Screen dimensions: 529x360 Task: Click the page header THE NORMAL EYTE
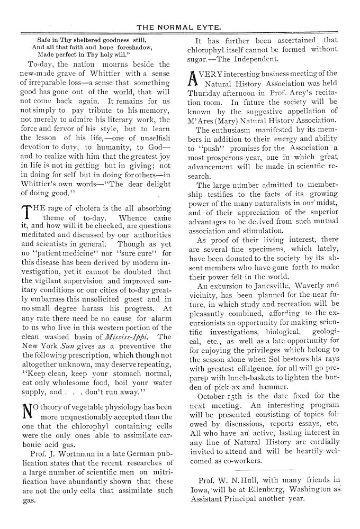[x=181, y=27]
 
